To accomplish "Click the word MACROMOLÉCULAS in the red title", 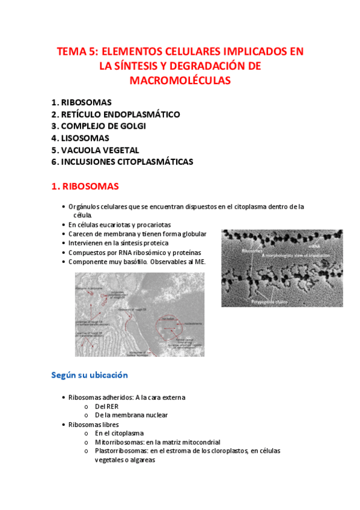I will tap(180, 80).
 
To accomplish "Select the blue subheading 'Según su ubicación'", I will tap(90, 375).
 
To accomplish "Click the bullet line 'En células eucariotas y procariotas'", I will tap(120, 224).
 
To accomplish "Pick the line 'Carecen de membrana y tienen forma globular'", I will tap(137, 234).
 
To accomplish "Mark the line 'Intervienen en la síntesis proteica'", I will tap(118, 243).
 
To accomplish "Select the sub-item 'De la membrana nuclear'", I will tap(131, 415).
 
